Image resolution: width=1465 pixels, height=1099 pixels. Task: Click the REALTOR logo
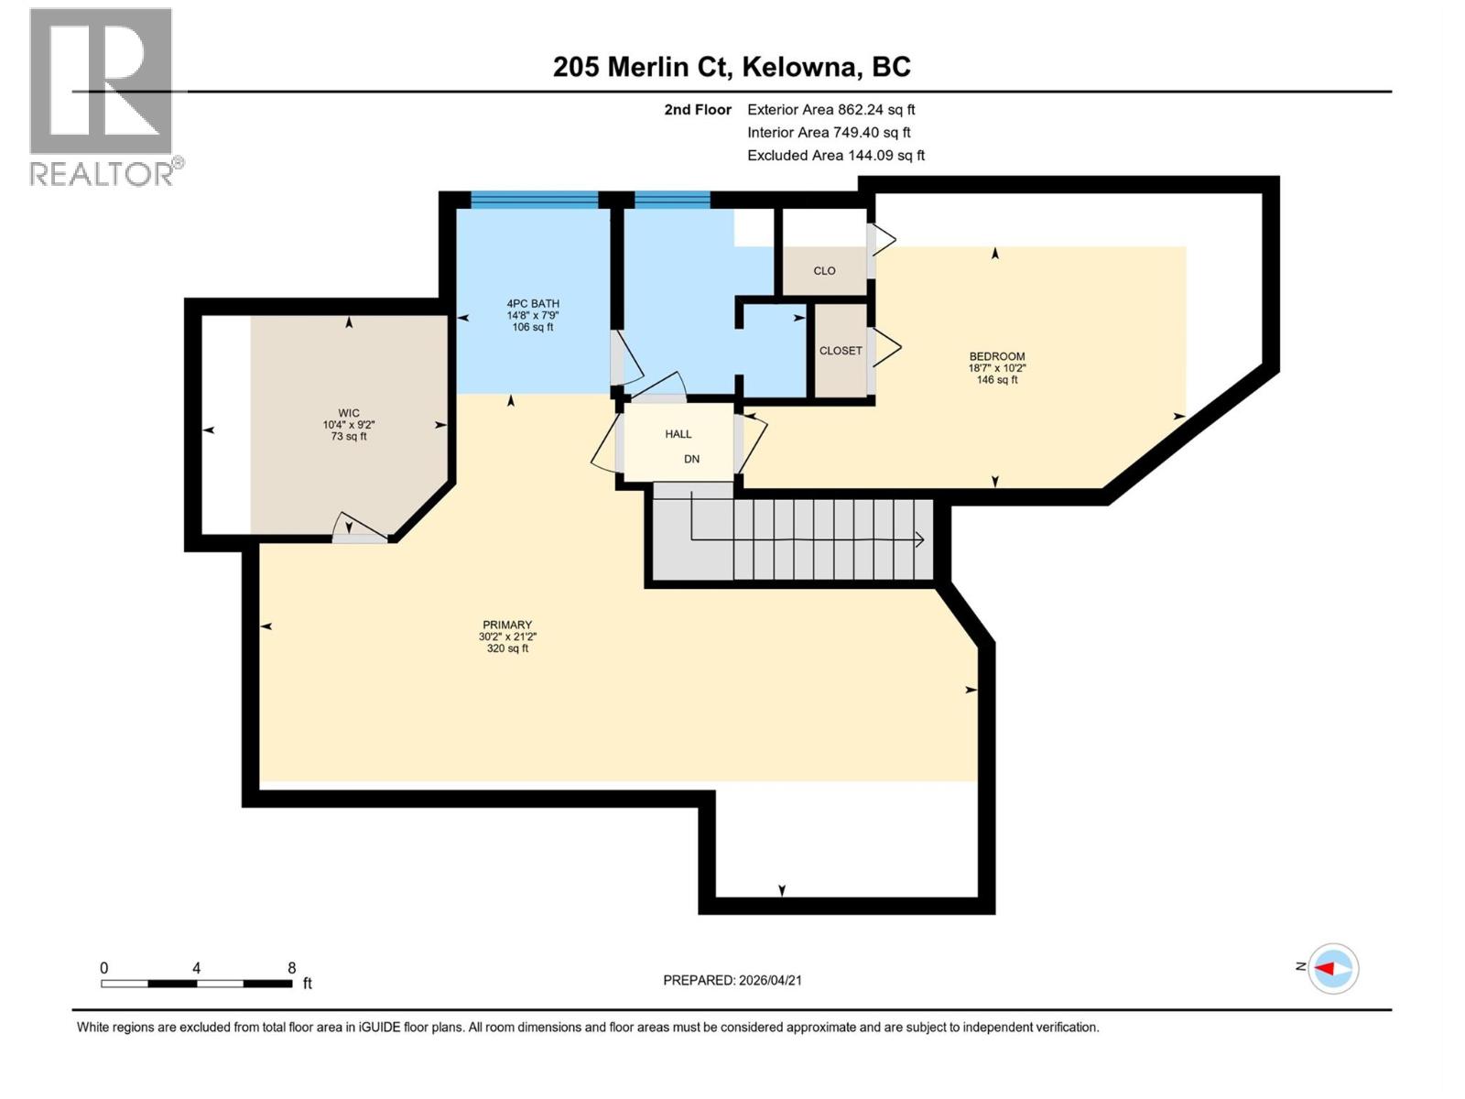(x=102, y=96)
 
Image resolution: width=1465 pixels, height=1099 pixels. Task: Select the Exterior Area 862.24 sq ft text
(x=830, y=110)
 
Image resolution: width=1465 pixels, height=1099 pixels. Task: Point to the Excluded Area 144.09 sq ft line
(x=835, y=156)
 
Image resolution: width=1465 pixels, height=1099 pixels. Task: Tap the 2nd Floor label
(x=698, y=110)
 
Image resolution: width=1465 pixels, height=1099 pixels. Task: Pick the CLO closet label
(x=824, y=271)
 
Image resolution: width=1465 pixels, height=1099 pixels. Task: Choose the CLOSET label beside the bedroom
(x=841, y=351)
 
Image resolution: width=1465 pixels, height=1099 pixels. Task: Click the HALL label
(x=678, y=434)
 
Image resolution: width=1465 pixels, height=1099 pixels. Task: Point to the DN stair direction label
(x=692, y=459)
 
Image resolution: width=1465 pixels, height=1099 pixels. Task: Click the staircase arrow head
(x=919, y=540)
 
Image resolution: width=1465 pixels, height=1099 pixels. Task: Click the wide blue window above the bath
(x=534, y=200)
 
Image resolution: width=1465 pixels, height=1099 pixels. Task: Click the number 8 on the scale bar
(x=291, y=968)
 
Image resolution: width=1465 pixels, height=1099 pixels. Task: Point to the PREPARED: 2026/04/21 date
(x=732, y=980)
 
